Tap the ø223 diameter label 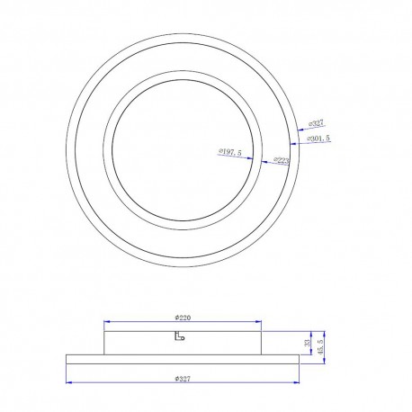point(281,161)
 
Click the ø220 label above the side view point(184,317)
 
